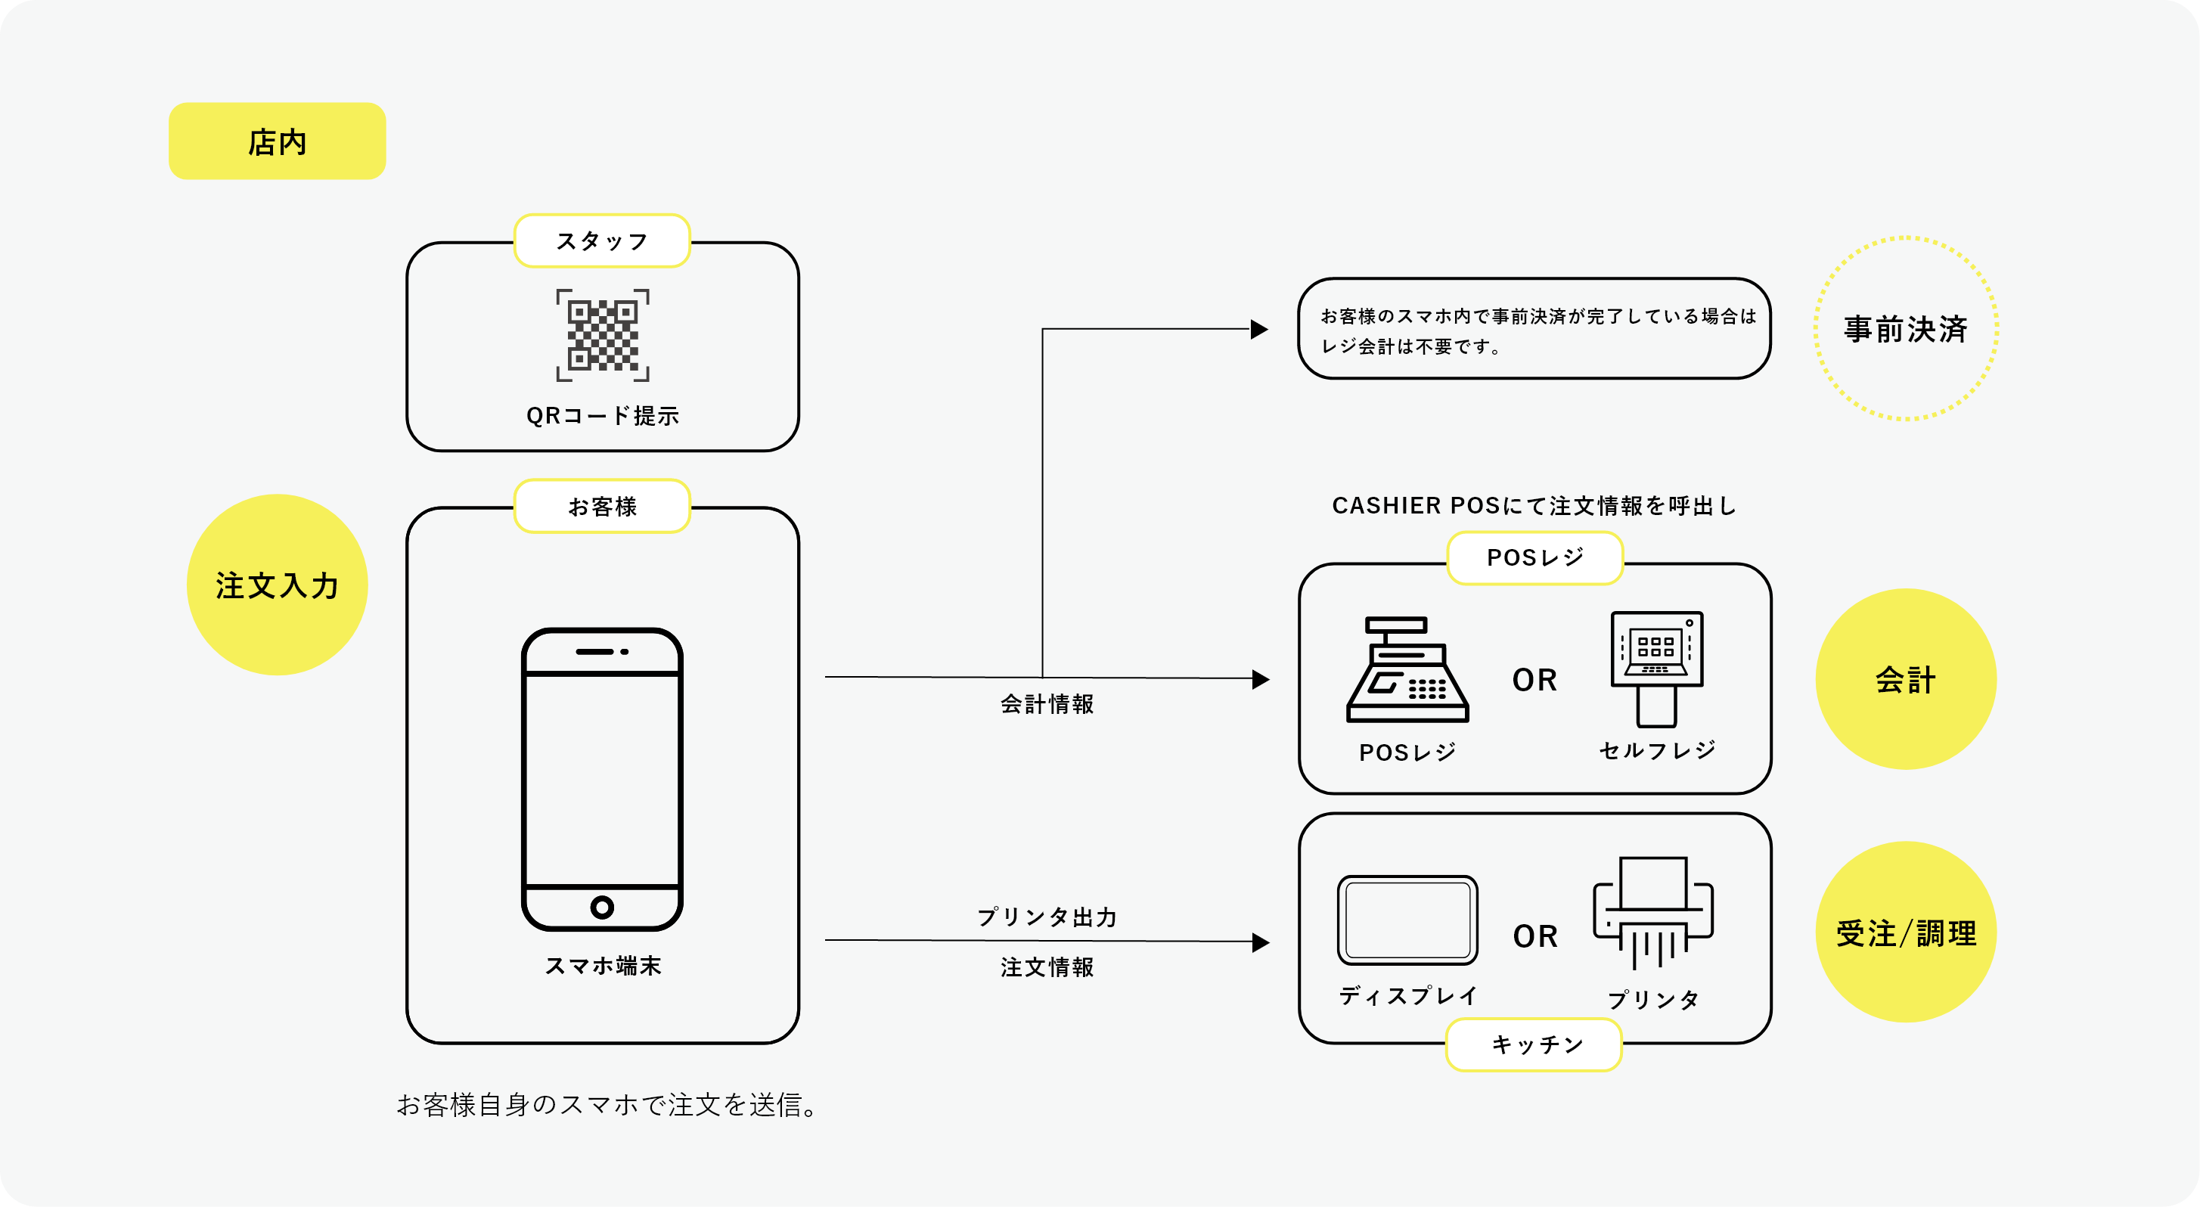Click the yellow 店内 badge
[277, 141]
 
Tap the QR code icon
[602, 335]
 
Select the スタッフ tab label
[602, 241]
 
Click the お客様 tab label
[602, 507]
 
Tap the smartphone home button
[602, 908]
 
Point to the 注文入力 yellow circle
[277, 585]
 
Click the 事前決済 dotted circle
[1905, 329]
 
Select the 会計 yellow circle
[1905, 679]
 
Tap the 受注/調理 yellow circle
[1905, 932]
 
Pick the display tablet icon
[1407, 919]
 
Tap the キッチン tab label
[1534, 1044]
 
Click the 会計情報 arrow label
[1046, 704]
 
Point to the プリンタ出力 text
[1046, 917]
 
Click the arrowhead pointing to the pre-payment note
[1260, 329]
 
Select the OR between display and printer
[1534, 936]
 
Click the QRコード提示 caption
[602, 416]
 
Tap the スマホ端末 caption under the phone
[602, 966]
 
